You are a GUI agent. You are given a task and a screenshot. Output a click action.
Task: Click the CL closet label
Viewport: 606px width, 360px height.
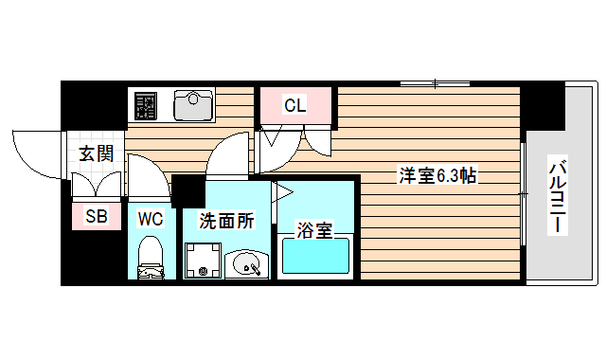294,105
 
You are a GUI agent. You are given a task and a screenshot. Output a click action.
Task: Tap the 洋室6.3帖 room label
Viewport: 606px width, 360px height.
436,175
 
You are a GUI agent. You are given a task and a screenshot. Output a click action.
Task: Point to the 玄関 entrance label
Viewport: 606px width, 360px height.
95,154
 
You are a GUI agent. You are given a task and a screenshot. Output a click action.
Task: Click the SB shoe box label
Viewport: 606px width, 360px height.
97,217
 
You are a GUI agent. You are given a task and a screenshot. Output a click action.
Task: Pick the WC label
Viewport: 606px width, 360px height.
151,219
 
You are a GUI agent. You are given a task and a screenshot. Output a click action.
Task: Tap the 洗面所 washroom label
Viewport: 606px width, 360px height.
224,222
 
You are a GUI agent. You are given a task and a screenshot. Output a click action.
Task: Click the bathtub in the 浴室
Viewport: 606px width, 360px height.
316,257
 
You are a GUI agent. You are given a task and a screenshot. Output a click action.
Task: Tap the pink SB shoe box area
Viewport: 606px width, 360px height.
97,217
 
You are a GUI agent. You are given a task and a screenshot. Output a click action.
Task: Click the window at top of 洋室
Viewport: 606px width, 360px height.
436,85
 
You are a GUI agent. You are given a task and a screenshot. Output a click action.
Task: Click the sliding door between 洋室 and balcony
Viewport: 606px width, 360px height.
523,194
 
